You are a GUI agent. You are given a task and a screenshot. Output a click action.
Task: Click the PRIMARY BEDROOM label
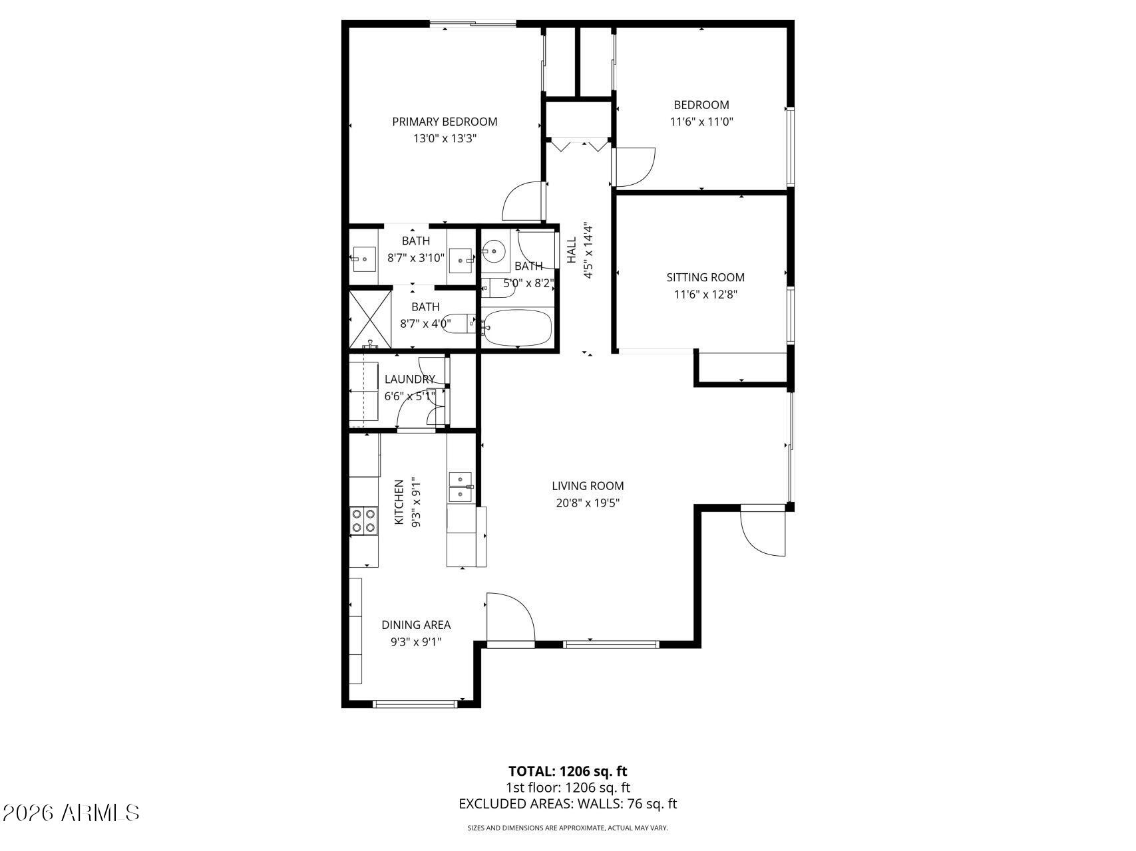pyautogui.click(x=445, y=122)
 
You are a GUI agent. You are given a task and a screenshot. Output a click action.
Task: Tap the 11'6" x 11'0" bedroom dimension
pyautogui.click(x=701, y=122)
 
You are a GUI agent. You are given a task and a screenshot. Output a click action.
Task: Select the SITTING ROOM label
pyautogui.click(x=705, y=277)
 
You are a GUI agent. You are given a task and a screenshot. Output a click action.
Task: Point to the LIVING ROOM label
pyautogui.click(x=588, y=486)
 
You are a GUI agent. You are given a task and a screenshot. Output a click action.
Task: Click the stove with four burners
pyautogui.click(x=363, y=521)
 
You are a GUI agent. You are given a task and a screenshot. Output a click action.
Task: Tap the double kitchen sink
pyautogui.click(x=460, y=487)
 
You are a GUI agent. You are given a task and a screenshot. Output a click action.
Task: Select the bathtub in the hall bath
pyautogui.click(x=517, y=328)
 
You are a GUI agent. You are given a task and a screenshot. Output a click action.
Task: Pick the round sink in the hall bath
pyautogui.click(x=494, y=251)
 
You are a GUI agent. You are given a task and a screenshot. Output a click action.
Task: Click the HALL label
pyautogui.click(x=572, y=250)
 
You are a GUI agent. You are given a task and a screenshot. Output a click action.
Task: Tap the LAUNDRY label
pyautogui.click(x=410, y=379)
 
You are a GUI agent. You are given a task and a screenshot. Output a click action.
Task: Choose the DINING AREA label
pyautogui.click(x=416, y=625)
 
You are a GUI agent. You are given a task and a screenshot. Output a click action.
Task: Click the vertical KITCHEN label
pyautogui.click(x=399, y=502)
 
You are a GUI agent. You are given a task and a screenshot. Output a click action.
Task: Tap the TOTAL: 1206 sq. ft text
pyautogui.click(x=568, y=771)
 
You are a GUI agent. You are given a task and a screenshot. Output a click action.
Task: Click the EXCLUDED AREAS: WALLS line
pyautogui.click(x=568, y=804)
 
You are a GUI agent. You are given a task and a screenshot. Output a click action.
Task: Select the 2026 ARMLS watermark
pyautogui.click(x=71, y=812)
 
